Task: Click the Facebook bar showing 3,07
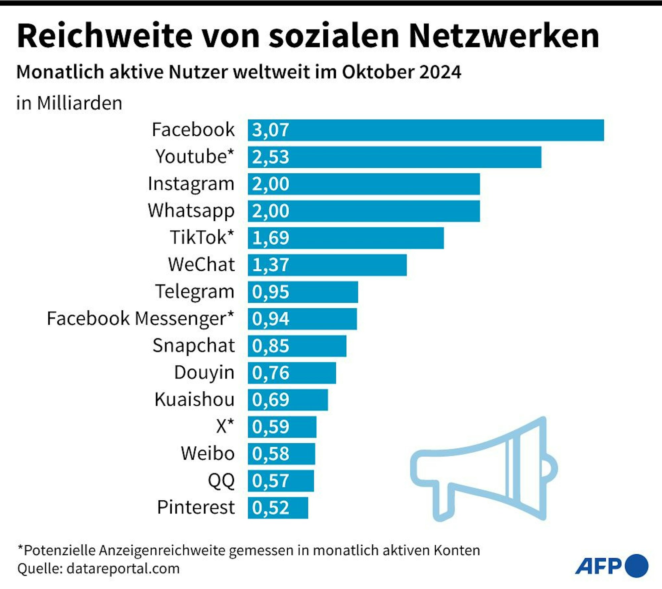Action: click(426, 130)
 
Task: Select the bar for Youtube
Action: click(395, 157)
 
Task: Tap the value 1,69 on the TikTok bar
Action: click(270, 238)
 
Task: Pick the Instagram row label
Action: click(191, 184)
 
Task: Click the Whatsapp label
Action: click(191, 211)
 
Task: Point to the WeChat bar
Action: click(327, 265)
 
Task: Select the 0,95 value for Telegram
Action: click(270, 292)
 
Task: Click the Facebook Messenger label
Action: click(140, 319)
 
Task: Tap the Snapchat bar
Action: click(297, 346)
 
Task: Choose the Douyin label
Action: click(204, 373)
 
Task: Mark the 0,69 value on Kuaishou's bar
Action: click(270, 400)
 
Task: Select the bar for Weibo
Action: click(281, 454)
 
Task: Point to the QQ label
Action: click(221, 481)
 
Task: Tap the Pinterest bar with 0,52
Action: click(278, 508)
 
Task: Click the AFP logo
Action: click(611, 566)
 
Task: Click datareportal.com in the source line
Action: click(123, 568)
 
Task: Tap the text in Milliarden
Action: click(69, 103)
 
